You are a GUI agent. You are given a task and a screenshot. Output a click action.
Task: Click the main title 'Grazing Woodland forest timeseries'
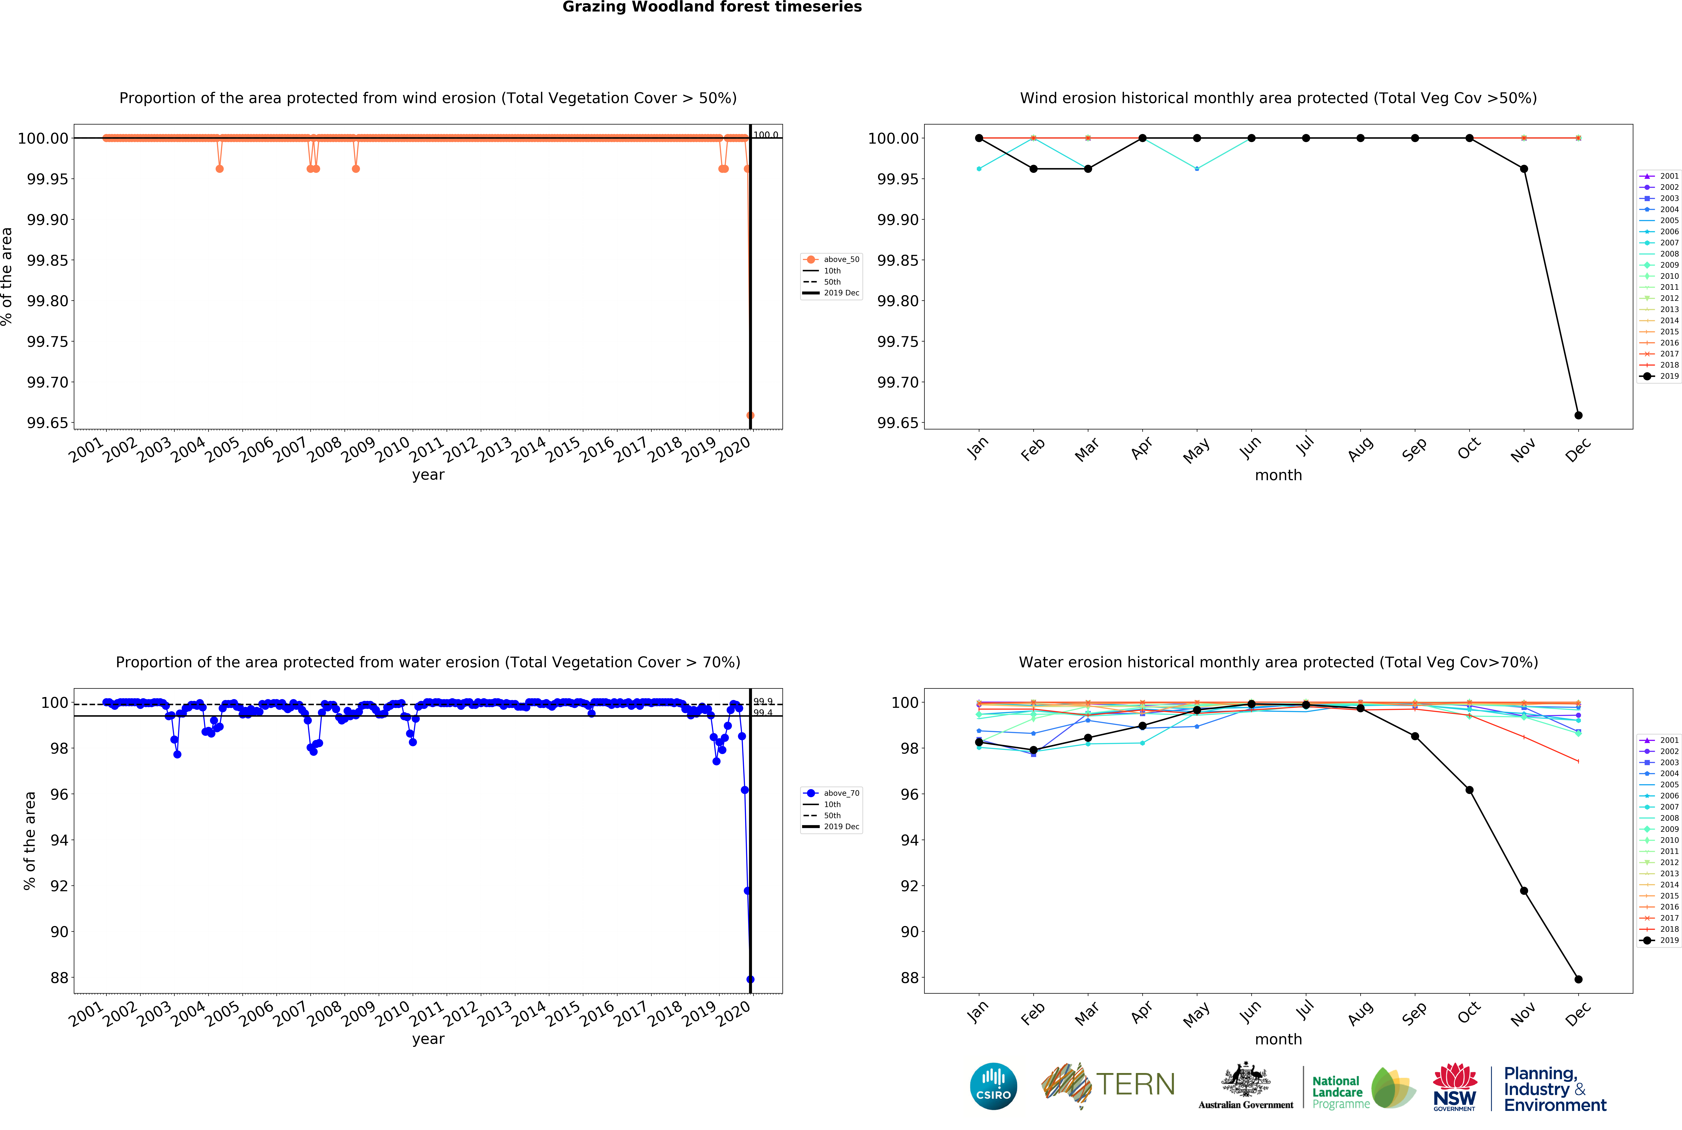point(712,7)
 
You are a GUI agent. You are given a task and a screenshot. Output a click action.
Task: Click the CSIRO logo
point(994,1086)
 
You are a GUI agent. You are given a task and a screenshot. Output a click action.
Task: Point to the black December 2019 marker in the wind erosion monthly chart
point(1578,415)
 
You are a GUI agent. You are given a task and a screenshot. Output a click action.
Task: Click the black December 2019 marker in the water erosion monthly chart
point(1578,979)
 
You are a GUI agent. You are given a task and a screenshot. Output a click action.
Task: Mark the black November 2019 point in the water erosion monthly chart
point(1523,891)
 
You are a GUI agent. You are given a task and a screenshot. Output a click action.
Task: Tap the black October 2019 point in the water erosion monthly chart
point(1469,790)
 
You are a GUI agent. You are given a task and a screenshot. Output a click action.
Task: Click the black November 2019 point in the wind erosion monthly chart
point(1523,169)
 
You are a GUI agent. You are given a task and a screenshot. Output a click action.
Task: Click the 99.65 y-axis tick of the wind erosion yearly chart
point(48,423)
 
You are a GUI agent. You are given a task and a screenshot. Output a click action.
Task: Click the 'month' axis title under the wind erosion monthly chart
point(1278,475)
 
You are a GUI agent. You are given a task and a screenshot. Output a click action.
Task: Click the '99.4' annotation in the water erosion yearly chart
point(763,713)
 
